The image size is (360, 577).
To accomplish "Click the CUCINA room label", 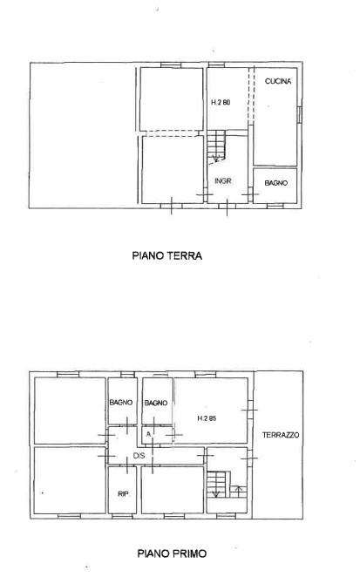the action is click(x=278, y=81).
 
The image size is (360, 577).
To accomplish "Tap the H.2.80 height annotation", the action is click(x=221, y=102).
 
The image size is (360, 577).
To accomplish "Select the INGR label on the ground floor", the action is click(x=223, y=181).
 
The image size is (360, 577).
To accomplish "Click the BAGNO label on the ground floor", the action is click(x=275, y=183).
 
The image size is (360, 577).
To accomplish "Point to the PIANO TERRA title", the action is click(x=167, y=255).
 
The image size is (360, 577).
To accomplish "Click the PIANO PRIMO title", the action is click(x=172, y=553).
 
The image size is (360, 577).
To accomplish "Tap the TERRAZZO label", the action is click(x=281, y=435).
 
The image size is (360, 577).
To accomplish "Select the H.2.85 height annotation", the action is click(x=207, y=418).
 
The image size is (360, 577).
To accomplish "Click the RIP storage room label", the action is click(x=123, y=494).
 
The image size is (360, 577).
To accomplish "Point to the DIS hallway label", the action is click(x=139, y=456).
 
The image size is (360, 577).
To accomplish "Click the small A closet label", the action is click(x=148, y=434).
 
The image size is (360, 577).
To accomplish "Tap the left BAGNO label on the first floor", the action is click(x=121, y=403).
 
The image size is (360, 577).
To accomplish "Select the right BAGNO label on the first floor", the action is click(x=156, y=403).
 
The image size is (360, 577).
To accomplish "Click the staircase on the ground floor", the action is click(x=215, y=146).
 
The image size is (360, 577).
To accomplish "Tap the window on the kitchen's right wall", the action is click(x=299, y=114).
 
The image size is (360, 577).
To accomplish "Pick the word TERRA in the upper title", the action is click(x=185, y=255).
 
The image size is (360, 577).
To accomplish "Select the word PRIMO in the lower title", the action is click(x=188, y=553).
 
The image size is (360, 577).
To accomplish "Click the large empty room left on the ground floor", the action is click(x=83, y=135).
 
